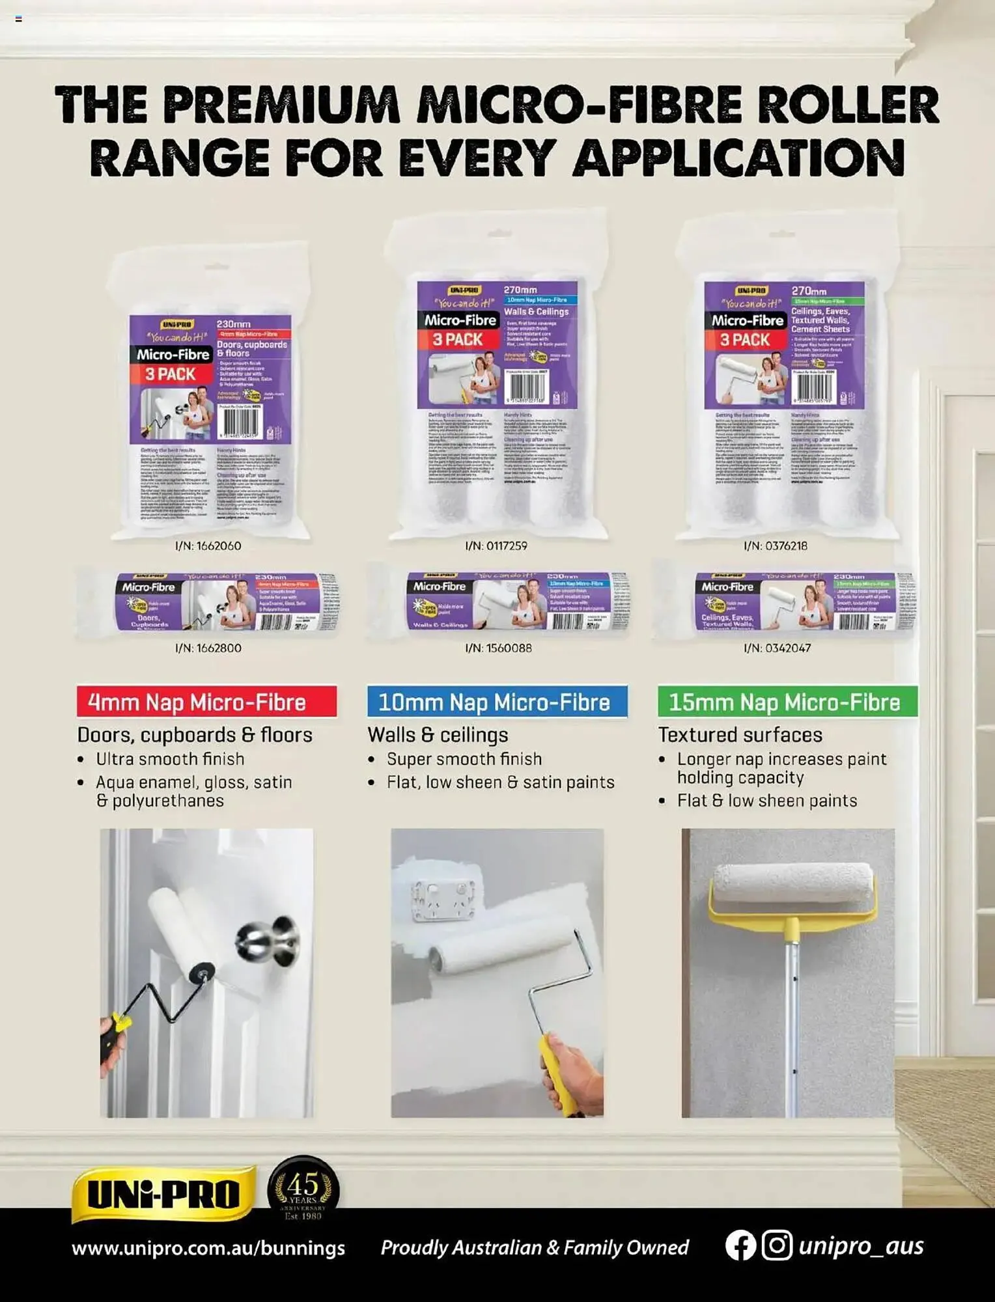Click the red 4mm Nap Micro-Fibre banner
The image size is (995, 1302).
point(206,702)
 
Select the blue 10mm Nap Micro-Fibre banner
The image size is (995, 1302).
point(497,702)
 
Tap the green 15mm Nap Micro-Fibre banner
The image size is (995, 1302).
point(787,702)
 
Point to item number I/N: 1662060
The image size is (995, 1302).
point(208,546)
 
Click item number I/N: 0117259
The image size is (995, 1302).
point(496,546)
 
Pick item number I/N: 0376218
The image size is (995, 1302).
point(776,546)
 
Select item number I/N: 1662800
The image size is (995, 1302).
point(208,648)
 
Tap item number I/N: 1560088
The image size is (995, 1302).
point(498,648)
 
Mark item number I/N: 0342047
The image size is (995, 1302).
point(777,648)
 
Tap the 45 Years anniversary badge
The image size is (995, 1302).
point(303,1189)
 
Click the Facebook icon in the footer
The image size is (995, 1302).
point(740,1246)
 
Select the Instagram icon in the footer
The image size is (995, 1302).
point(777,1246)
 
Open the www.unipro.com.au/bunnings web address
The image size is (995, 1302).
point(208,1248)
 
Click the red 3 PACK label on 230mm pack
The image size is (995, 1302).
point(171,374)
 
